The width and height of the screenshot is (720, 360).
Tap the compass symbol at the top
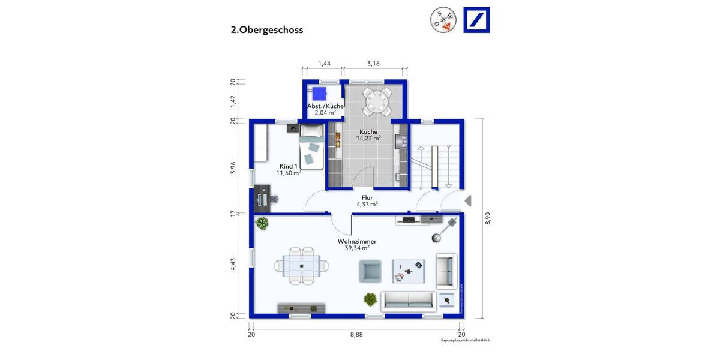(443, 20)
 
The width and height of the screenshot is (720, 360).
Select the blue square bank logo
(476, 20)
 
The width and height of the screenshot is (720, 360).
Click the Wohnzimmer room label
(356, 244)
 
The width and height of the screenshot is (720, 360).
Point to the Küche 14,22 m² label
(368, 135)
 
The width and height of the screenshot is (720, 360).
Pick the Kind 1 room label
(288, 170)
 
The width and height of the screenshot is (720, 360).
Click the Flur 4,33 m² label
(367, 201)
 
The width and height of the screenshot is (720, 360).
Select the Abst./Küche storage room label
(325, 109)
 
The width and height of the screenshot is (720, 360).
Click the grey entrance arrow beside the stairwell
(468, 201)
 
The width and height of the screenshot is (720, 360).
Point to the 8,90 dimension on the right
(488, 218)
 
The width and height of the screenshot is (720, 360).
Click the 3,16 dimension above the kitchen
(373, 63)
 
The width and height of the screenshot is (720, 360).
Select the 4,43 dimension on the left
(235, 265)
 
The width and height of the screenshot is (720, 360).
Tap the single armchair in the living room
(370, 271)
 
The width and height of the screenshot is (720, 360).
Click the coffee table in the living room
(408, 271)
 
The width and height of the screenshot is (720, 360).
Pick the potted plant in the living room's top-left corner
(262, 224)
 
